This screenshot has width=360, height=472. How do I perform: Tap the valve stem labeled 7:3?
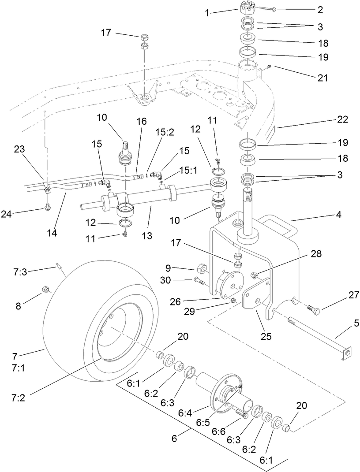point(58,266)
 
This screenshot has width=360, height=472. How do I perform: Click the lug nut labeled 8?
point(45,289)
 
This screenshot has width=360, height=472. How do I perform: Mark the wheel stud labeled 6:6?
point(240,414)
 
